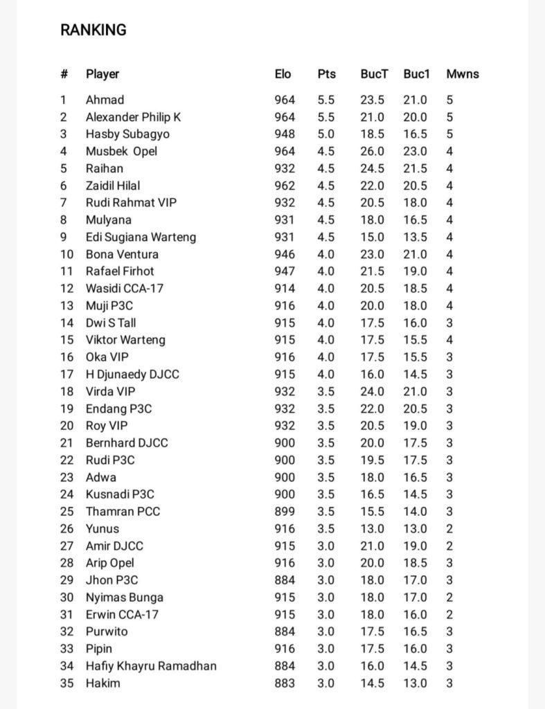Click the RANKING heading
(x=93, y=30)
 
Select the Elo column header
(x=283, y=74)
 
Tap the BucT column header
(x=374, y=74)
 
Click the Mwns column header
(x=462, y=74)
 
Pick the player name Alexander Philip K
(x=133, y=117)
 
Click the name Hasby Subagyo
(x=127, y=134)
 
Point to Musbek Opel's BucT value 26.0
(x=372, y=151)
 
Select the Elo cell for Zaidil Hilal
(x=284, y=186)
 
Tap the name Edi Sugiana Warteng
(x=141, y=237)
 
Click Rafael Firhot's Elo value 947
(x=284, y=271)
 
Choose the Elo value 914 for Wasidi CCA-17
(x=284, y=289)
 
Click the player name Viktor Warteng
(x=125, y=340)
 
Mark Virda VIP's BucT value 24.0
(x=372, y=391)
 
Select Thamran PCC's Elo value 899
(x=284, y=512)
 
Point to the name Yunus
(x=102, y=529)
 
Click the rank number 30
(x=66, y=598)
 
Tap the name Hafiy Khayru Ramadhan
(x=151, y=666)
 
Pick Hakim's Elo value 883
(x=284, y=683)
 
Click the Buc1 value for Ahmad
(x=416, y=100)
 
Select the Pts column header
(x=326, y=74)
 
